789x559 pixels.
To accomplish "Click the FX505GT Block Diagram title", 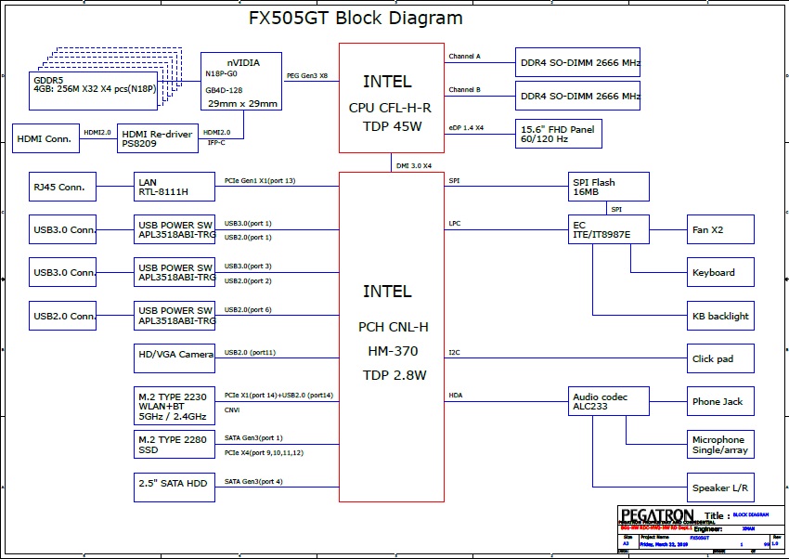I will coord(356,19).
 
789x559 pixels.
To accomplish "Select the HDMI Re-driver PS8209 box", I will coord(158,138).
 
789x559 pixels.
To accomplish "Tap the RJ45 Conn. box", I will coord(62,187).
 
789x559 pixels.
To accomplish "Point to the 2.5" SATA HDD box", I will coord(175,487).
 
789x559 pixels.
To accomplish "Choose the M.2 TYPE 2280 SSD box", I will coord(175,444).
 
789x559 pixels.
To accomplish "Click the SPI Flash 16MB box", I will coord(609,187).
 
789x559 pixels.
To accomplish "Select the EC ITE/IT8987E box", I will coord(609,228).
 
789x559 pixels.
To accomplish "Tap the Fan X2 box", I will coord(720,228).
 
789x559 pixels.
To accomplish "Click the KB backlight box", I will coord(720,316).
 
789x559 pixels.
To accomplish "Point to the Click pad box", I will coord(720,358).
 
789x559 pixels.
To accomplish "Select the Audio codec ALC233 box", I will coord(609,401).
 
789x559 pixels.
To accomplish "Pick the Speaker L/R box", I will coord(720,487).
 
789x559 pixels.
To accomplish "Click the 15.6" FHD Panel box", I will coord(559,133).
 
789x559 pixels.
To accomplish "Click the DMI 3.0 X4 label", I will coord(415,164).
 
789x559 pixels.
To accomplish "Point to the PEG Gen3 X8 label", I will coord(306,76).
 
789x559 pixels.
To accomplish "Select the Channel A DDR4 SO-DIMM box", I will coord(578,63).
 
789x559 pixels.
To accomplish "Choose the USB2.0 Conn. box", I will coord(62,316).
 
